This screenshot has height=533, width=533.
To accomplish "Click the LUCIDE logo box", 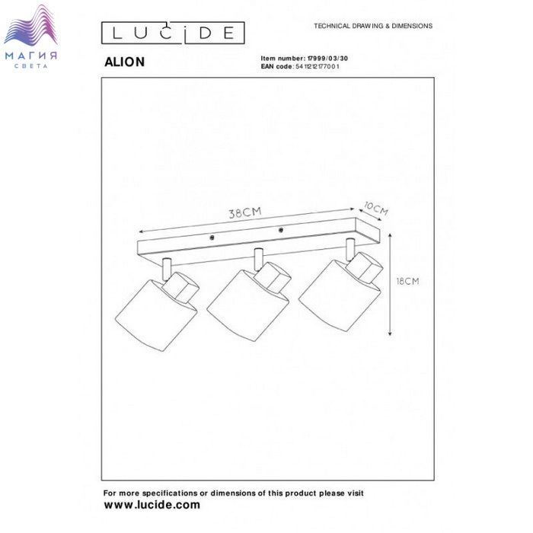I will click(173, 33).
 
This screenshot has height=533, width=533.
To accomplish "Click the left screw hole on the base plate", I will click(212, 239).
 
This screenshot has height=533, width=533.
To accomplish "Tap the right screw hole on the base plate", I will click(281, 230).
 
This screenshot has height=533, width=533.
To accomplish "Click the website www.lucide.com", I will click(152, 505).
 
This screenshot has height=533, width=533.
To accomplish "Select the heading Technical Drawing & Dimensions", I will click(373, 26).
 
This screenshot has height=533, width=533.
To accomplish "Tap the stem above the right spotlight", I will click(349, 247).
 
